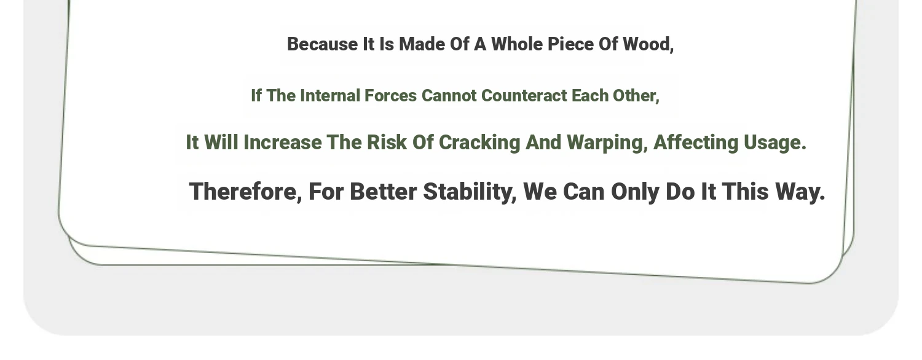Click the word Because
click(322, 44)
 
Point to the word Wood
click(648, 45)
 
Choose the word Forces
click(390, 96)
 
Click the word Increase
click(283, 143)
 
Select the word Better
click(383, 192)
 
